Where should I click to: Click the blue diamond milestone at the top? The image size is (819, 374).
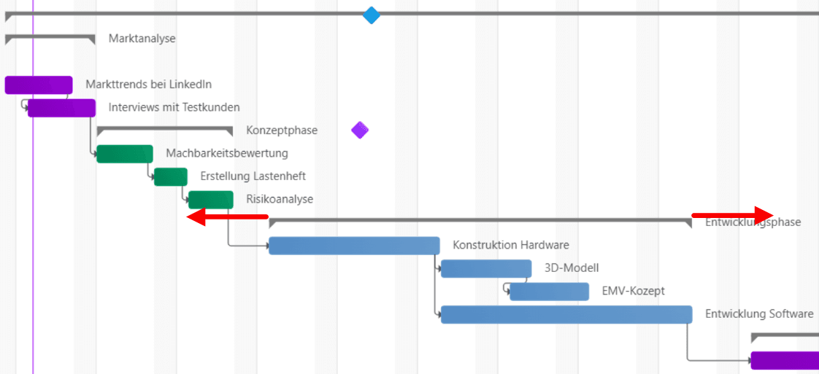(372, 15)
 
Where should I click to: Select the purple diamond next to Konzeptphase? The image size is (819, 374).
(360, 130)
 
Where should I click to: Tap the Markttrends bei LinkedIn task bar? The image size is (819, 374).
(39, 85)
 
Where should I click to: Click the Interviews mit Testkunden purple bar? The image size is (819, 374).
(62, 108)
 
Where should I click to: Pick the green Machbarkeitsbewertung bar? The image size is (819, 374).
(125, 154)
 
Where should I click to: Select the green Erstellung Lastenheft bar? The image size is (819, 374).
(171, 177)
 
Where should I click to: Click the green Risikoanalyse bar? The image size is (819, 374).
(211, 200)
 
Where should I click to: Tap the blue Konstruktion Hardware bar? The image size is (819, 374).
(354, 246)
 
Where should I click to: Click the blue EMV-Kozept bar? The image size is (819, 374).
(549, 292)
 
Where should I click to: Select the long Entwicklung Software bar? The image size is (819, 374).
(566, 314)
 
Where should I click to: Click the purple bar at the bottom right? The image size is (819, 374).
(785, 360)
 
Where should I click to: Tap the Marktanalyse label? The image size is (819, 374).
(142, 39)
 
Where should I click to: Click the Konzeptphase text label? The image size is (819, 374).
(282, 130)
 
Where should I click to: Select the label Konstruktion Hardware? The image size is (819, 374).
(511, 245)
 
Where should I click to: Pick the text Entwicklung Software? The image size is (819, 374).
(759, 313)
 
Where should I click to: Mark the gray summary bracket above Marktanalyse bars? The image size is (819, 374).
(50, 36)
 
